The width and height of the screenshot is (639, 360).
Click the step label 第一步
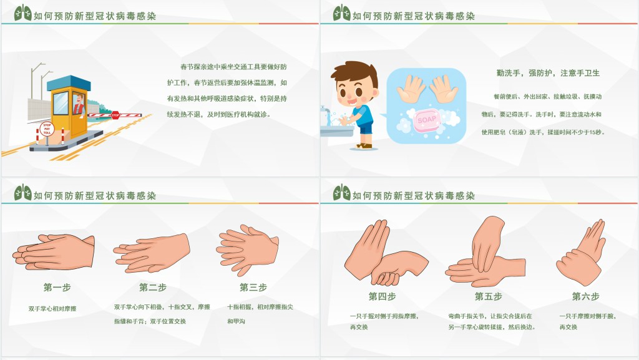(57, 288)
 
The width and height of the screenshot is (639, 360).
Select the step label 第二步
(153, 288)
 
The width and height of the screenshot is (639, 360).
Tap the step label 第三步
(253, 288)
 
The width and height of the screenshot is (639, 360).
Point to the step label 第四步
(382, 296)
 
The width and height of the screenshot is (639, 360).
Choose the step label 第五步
(488, 296)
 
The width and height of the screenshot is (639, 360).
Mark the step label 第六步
(585, 296)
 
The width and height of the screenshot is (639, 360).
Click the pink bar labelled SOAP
(427, 119)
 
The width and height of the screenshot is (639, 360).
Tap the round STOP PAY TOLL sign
(47, 129)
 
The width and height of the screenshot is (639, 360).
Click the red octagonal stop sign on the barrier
(115, 115)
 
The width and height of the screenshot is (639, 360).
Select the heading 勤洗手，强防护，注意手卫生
(548, 73)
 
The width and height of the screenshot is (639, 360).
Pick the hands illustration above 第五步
(487, 253)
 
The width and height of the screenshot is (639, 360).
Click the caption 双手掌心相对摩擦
(52, 309)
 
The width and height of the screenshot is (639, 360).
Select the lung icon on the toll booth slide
(22, 12)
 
